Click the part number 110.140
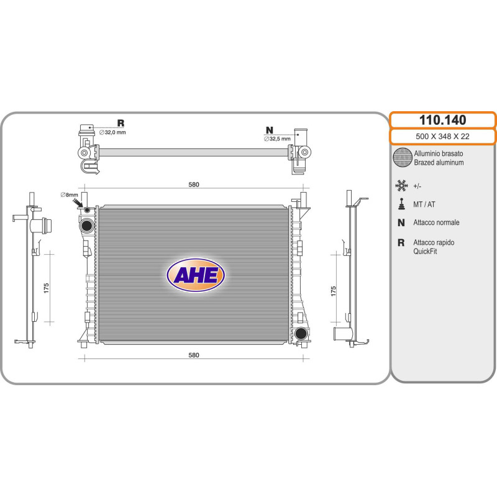[442, 120]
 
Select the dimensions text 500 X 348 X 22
[442, 136]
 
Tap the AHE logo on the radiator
[196, 275]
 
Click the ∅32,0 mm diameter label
[112, 132]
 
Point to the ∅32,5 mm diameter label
[277, 139]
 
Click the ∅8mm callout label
[69, 194]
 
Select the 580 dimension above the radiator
[194, 185]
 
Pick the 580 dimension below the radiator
[194, 355]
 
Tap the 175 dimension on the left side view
[46, 288]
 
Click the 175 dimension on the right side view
[333, 291]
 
